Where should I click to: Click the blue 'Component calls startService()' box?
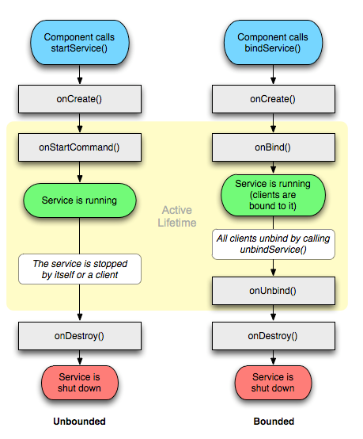[79, 43]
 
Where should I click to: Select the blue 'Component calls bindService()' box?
[272, 43]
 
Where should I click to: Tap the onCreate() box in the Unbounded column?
[79, 99]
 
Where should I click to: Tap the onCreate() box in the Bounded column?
[272, 99]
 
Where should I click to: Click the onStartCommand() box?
[79, 147]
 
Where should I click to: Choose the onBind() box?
[272, 147]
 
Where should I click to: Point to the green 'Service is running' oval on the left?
[79, 200]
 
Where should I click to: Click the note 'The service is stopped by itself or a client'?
[79, 269]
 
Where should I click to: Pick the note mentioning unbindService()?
[272, 244]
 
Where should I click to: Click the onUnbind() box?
[272, 291]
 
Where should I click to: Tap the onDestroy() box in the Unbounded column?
[79, 336]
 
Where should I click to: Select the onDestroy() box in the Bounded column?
[272, 336]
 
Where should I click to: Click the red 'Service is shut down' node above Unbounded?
[79, 383]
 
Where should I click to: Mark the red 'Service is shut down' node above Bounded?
[272, 383]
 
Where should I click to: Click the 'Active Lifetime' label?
[178, 217]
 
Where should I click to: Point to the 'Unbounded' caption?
[79, 422]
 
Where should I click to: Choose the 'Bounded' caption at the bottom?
[272, 422]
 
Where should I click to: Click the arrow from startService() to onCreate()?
[79, 74]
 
